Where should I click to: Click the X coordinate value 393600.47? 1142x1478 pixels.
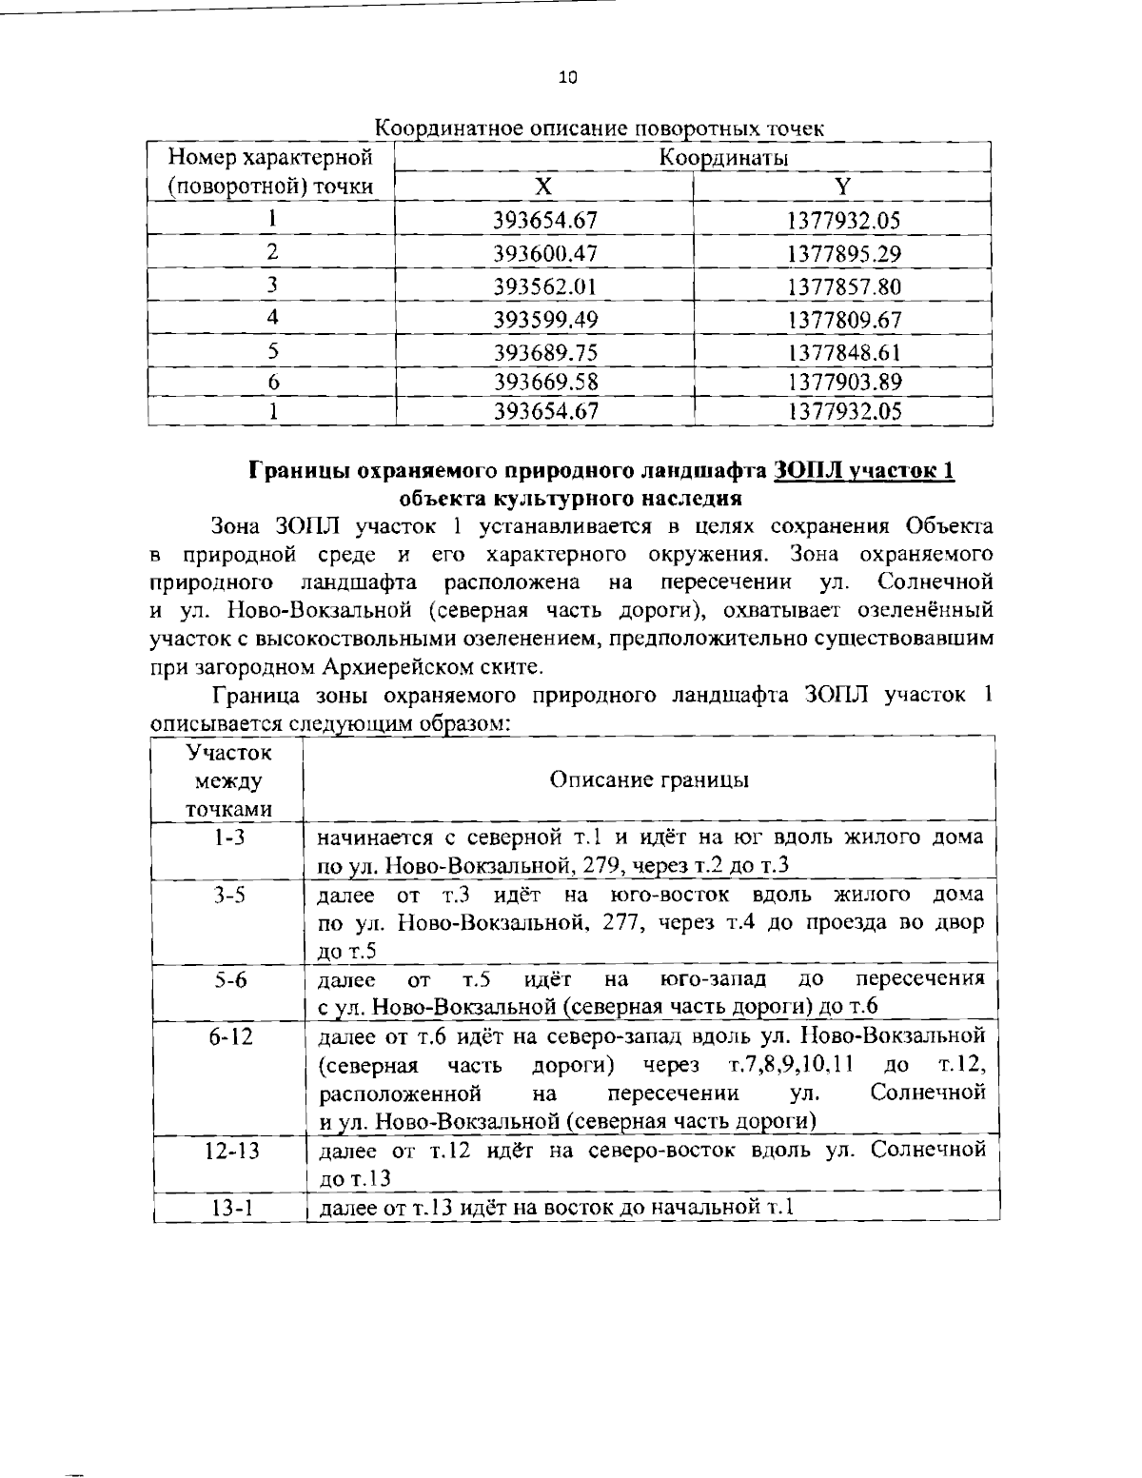pos(545,254)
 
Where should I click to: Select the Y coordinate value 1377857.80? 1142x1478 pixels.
pos(843,286)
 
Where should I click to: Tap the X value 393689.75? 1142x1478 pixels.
pos(545,352)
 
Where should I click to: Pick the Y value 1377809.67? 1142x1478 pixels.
pos(843,319)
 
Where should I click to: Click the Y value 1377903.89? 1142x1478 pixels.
pos(843,382)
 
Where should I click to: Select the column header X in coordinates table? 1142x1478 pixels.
pos(543,187)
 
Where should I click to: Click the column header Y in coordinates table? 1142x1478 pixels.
pos(843,187)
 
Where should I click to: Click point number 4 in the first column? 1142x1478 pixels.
pos(272,318)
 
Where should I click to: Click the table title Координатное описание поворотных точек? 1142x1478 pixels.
pos(600,128)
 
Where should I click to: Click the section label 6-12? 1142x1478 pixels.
pos(227,1036)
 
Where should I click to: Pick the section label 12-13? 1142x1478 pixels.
pos(227,1150)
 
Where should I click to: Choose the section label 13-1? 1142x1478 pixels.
pos(227,1208)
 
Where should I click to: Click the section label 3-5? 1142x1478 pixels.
pos(227,897)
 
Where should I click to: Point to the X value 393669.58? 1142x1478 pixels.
pos(545,382)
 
